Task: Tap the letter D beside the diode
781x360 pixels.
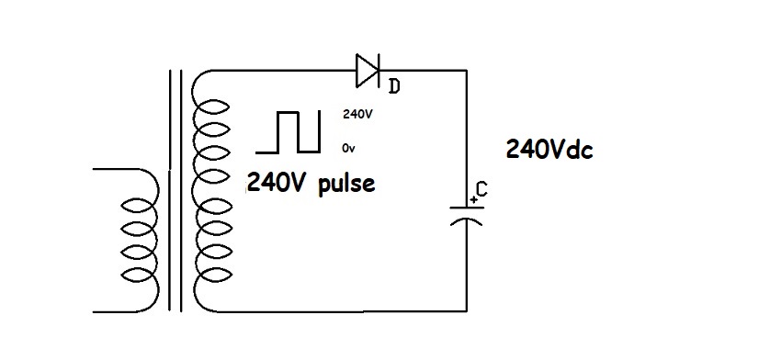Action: pyautogui.click(x=394, y=86)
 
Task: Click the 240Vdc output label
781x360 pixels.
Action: pyautogui.click(x=549, y=150)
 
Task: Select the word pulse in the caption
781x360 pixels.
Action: pyautogui.click(x=347, y=183)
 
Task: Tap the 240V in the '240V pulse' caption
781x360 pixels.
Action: pyautogui.click(x=276, y=183)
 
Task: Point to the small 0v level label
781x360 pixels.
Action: pyautogui.click(x=348, y=147)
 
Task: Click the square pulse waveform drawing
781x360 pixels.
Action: pyautogui.click(x=289, y=131)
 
